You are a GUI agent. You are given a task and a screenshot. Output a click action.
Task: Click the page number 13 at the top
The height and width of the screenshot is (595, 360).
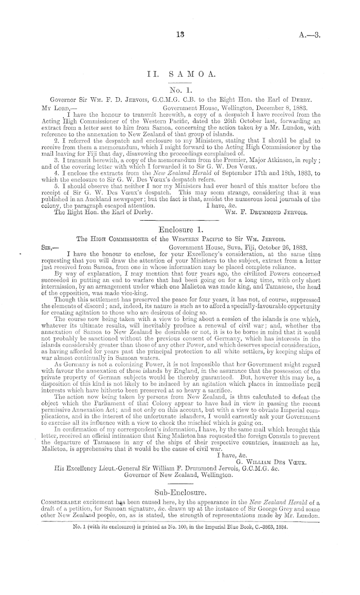pos(179,35)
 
